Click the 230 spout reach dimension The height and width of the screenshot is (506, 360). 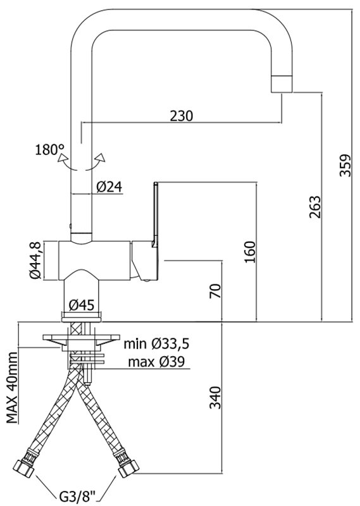[182, 116]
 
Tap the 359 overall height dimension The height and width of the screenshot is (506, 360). [345, 165]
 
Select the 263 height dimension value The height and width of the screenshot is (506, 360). [315, 207]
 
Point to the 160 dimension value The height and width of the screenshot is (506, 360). [249, 252]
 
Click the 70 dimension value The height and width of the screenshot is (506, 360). [215, 290]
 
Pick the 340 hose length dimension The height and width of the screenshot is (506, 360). [215, 398]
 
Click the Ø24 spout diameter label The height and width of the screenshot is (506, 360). [109, 187]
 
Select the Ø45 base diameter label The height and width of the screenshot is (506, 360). [82, 305]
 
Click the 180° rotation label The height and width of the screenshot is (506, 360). [50, 149]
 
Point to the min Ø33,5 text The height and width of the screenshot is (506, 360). [156, 344]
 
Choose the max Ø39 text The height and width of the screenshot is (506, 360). [156, 362]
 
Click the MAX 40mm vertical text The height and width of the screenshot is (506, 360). [12, 388]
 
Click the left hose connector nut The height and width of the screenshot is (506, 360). [25, 467]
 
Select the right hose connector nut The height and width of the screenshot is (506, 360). [128, 467]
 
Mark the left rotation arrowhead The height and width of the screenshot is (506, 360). [61, 157]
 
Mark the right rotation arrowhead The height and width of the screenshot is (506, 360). [101, 157]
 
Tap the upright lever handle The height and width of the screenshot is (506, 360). [155, 214]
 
